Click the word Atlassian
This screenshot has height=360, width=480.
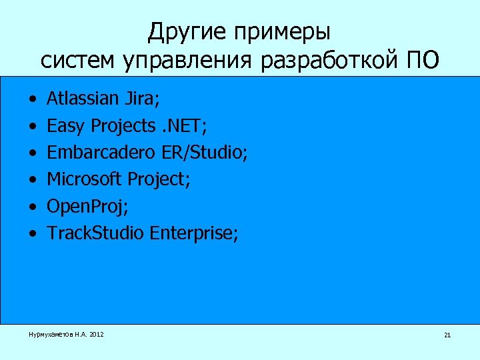83,99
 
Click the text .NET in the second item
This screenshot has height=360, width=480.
189,126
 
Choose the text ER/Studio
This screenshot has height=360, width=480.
205,153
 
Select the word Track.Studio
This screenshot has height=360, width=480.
96,233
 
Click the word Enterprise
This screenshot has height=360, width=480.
193,233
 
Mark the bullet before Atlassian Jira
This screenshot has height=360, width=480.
33,100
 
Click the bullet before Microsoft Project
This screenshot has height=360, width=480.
33,180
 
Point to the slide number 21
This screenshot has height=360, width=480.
447,335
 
